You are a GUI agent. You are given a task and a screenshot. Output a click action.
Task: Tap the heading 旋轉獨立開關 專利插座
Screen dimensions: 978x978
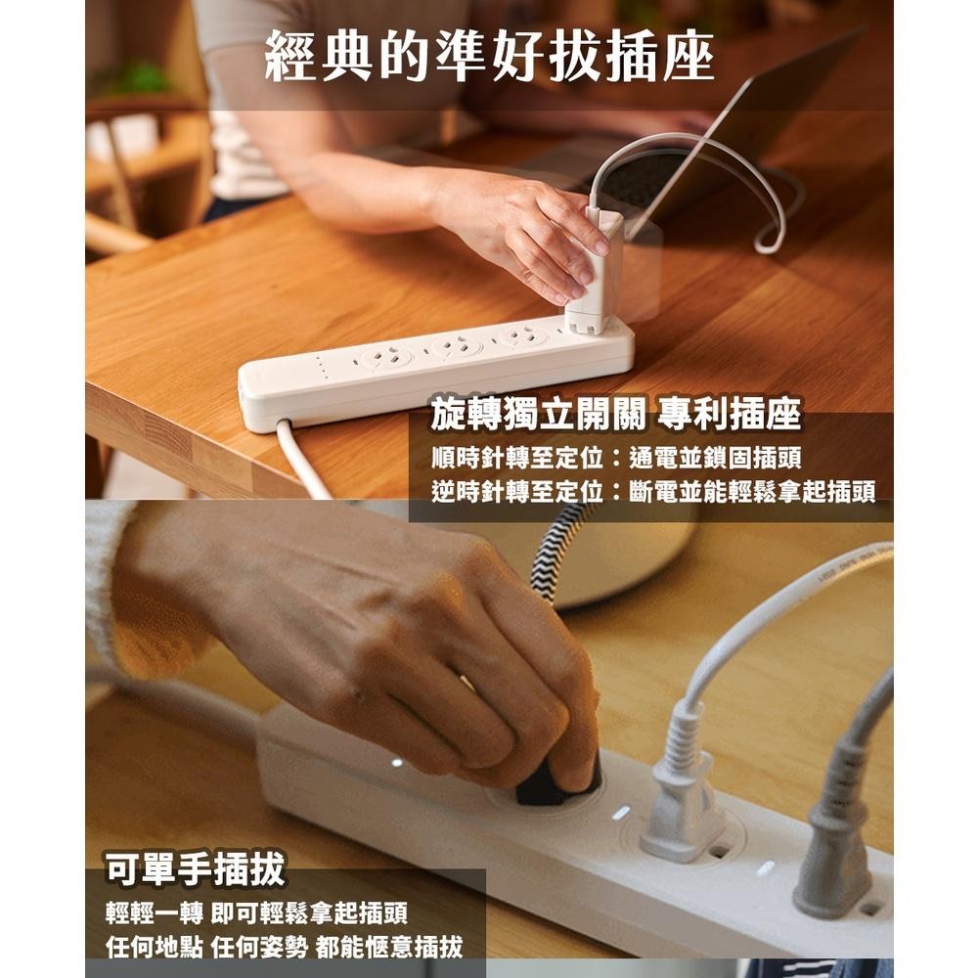[x=615, y=415]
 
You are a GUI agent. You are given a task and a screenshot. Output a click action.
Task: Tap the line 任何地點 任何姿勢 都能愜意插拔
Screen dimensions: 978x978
[x=284, y=947]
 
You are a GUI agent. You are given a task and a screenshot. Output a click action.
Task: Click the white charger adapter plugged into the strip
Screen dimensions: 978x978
[x=596, y=273]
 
